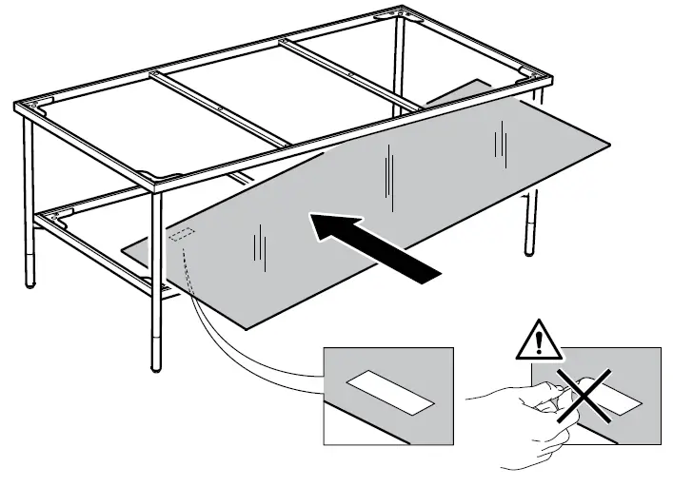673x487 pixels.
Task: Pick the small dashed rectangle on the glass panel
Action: click(x=181, y=233)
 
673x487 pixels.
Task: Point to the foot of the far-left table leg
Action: click(x=31, y=282)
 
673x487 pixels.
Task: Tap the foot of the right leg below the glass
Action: click(x=530, y=251)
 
